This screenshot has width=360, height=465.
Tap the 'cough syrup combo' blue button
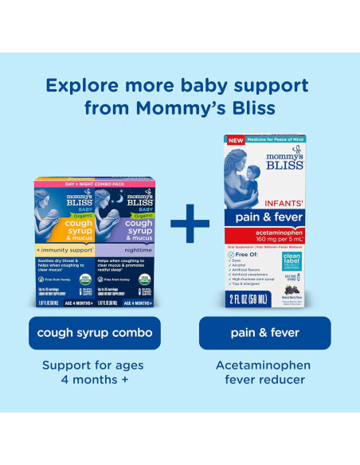(94, 333)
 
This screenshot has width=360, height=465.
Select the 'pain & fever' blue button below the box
(264, 333)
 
